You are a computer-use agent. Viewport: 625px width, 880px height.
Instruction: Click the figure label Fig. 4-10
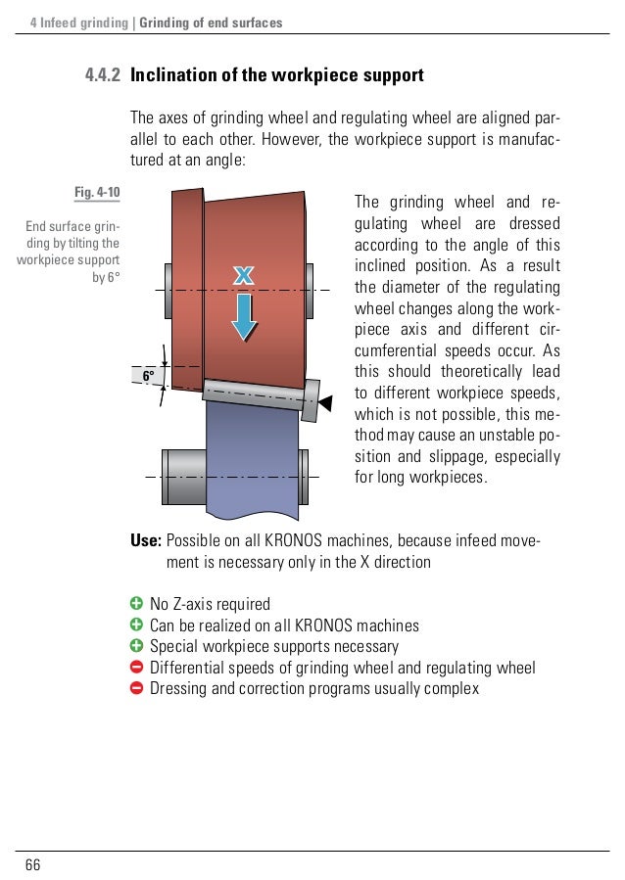click(97, 191)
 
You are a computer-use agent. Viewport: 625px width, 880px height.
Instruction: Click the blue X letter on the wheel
click(243, 278)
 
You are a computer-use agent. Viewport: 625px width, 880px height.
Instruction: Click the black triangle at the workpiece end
click(327, 400)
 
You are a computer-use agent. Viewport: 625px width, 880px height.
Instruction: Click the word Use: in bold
click(147, 541)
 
